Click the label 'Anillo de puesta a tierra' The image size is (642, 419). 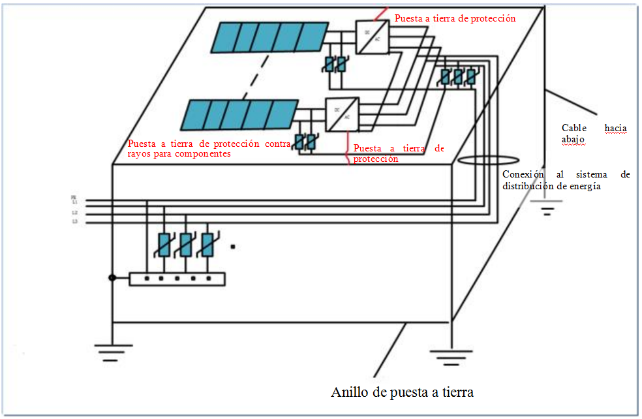pyautogui.click(x=402, y=392)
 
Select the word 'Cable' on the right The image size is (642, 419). pyautogui.click(x=574, y=128)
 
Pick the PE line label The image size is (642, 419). pyautogui.click(x=74, y=197)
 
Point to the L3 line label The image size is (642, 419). pyautogui.click(x=74, y=223)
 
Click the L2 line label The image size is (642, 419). pyautogui.click(x=74, y=213)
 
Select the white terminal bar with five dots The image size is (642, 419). pyautogui.click(x=177, y=279)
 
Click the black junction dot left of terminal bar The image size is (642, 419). pyautogui.click(x=112, y=278)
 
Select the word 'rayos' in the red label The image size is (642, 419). pyautogui.click(x=140, y=154)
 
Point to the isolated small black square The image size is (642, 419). pyautogui.click(x=232, y=247)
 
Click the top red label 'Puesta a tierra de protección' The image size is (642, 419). pyautogui.click(x=455, y=18)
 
